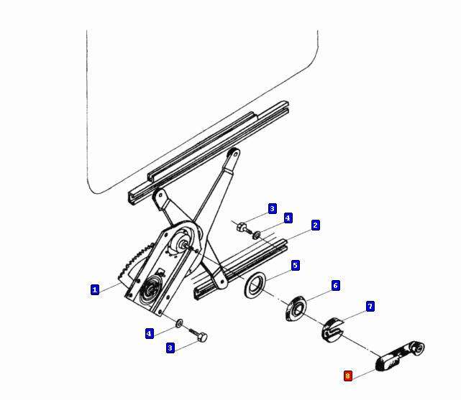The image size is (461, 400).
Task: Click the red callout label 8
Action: [348, 376]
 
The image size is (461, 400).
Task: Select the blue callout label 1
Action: [94, 289]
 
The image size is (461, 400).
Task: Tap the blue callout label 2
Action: [315, 225]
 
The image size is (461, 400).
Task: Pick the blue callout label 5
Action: [295, 265]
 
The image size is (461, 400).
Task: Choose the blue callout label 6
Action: [335, 286]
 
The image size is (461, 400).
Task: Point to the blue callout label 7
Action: [370, 307]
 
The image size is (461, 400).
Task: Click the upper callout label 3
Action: [273, 209]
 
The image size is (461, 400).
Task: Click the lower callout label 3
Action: [170, 348]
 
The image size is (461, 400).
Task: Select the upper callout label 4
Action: [288, 218]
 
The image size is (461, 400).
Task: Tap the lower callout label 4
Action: [150, 334]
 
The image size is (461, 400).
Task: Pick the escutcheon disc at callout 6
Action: [296, 310]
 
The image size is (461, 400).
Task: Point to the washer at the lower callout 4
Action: [179, 323]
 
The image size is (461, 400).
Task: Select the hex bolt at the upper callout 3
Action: [244, 228]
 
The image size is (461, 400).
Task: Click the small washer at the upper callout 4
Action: [257, 235]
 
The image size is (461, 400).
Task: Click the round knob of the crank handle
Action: [417, 348]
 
